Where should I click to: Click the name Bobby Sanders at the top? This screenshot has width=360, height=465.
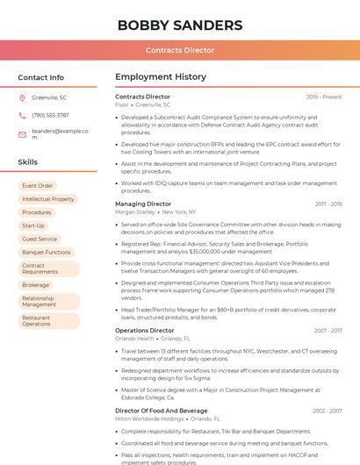(179, 24)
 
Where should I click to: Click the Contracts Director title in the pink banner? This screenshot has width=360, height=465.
(179, 50)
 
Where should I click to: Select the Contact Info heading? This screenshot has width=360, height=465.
(41, 77)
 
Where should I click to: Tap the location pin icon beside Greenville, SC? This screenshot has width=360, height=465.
(22, 98)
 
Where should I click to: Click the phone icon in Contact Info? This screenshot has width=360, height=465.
(22, 115)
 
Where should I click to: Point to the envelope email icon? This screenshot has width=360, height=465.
(22, 134)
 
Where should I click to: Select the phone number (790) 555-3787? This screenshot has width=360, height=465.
(50, 115)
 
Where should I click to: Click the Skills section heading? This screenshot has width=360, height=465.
(28, 162)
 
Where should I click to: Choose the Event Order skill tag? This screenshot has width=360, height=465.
(38, 186)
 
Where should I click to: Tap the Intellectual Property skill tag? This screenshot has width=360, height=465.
(48, 199)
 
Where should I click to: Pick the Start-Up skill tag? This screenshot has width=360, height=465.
(33, 225)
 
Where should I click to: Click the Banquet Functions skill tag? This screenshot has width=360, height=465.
(47, 252)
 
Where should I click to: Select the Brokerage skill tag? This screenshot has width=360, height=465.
(36, 285)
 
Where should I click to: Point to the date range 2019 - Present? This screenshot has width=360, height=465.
(324, 97)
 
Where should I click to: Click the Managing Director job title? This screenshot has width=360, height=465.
(143, 204)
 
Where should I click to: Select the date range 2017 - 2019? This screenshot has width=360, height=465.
(328, 204)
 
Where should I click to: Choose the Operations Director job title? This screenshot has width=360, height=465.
(145, 331)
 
